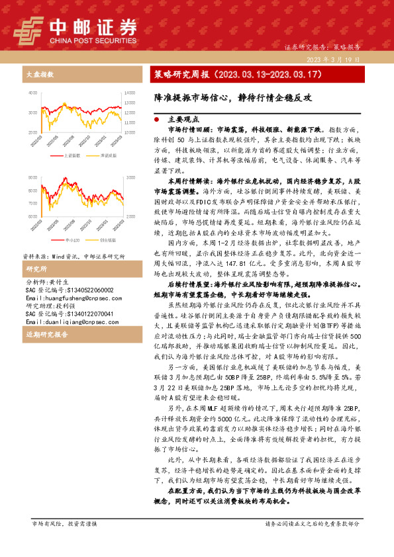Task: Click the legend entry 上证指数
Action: pyautogui.click(x=72, y=155)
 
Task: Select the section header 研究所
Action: pyautogui.click(x=32, y=269)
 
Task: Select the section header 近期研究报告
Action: pyautogui.click(x=43, y=335)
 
